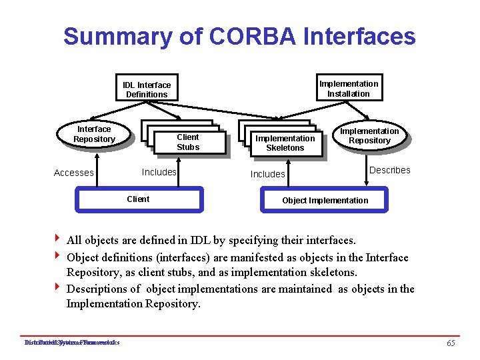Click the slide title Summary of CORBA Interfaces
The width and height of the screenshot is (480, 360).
pos(239,36)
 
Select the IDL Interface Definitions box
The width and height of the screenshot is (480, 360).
pos(147,89)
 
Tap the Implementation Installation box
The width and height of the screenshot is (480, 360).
pos(349,89)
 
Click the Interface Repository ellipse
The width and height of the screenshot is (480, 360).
pos(94,134)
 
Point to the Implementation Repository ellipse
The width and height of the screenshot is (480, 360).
pos(369,135)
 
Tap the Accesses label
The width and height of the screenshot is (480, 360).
pos(73,173)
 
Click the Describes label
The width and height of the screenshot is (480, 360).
pos(390,170)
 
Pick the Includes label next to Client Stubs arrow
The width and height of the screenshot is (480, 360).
pos(159,172)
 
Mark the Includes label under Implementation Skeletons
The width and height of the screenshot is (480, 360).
pos(267,174)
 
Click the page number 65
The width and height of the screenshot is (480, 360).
pos(451,343)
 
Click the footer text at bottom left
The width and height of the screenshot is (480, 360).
pos(71,343)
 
